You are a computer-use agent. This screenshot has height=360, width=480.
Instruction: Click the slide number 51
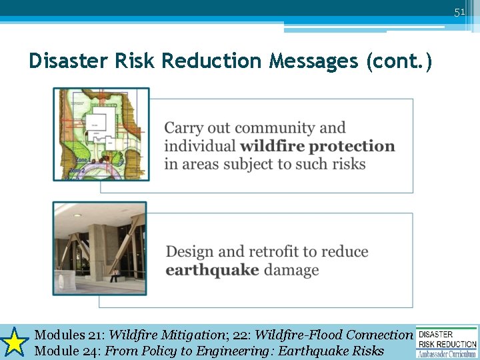click(x=459, y=12)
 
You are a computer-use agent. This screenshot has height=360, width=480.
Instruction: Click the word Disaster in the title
click(x=67, y=61)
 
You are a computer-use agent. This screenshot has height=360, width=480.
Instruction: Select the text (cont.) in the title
click(x=399, y=62)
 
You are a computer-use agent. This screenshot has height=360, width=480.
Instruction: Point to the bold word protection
click(x=352, y=146)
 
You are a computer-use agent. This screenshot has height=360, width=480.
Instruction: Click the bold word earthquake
click(x=212, y=270)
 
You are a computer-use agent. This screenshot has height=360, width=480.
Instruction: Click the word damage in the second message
click(x=291, y=270)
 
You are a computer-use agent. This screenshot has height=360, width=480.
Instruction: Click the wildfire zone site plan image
click(x=101, y=134)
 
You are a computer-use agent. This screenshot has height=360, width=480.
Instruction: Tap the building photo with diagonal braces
click(x=100, y=249)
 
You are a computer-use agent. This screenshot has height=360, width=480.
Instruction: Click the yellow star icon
click(x=15, y=342)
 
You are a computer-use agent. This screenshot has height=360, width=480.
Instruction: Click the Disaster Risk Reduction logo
click(x=447, y=342)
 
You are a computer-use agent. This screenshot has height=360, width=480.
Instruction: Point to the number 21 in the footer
click(x=94, y=335)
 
